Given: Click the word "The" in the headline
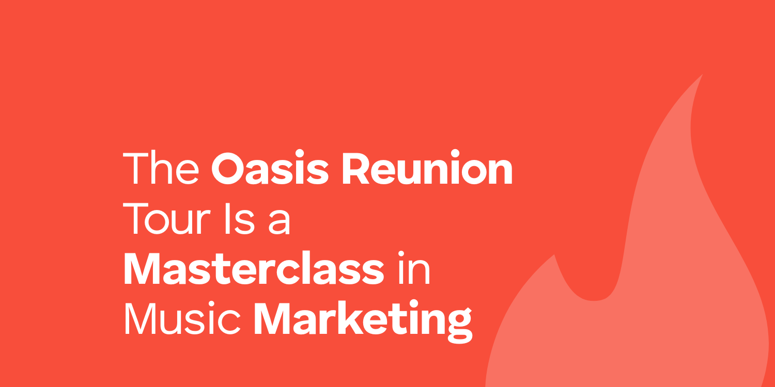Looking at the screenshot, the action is (161, 168).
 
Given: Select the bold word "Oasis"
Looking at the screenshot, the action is (270, 168).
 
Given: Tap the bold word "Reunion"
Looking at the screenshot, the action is (427, 168).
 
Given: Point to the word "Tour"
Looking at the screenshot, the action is (167, 218).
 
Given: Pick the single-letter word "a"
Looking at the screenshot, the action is (280, 222).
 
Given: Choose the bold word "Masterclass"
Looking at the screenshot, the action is (254, 268).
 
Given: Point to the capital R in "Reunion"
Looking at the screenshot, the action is (357, 168).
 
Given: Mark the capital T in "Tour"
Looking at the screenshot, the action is (135, 219).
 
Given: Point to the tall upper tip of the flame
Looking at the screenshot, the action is (702, 75).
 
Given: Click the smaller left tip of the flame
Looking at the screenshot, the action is (554, 255).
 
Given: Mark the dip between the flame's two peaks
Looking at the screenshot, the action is (594, 300).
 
